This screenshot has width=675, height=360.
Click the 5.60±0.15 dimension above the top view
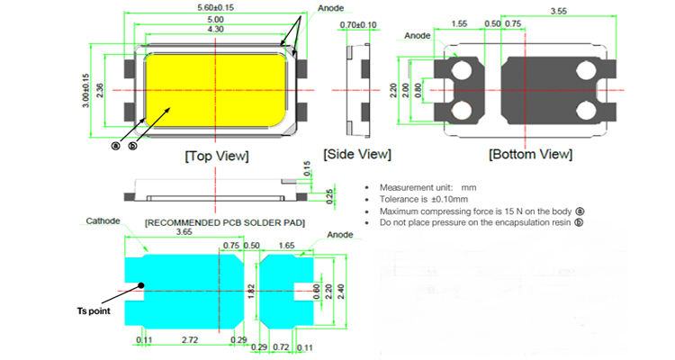(215, 8)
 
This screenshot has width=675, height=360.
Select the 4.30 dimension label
(215, 30)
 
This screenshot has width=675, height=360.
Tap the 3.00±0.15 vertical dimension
(85, 90)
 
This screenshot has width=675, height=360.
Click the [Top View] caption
(217, 156)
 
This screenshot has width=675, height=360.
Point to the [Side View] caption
(357, 154)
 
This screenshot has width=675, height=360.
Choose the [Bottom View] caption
(530, 154)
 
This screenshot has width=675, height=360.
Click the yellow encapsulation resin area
(215, 90)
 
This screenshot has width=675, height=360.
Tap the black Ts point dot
(140, 285)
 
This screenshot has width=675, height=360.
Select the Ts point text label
(94, 310)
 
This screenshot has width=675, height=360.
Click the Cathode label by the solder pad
(103, 220)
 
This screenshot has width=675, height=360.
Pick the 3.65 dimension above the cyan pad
(184, 232)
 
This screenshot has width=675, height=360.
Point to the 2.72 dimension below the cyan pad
(189, 340)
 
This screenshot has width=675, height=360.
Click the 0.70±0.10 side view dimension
(358, 25)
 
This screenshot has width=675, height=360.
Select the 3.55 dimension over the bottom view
(558, 11)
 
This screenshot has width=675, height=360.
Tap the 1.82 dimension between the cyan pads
(251, 291)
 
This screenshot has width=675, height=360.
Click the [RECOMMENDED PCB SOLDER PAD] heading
(225, 222)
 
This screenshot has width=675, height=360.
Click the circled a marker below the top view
(115, 146)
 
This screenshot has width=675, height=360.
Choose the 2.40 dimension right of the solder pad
(340, 292)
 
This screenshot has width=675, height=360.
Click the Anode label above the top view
(330, 8)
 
